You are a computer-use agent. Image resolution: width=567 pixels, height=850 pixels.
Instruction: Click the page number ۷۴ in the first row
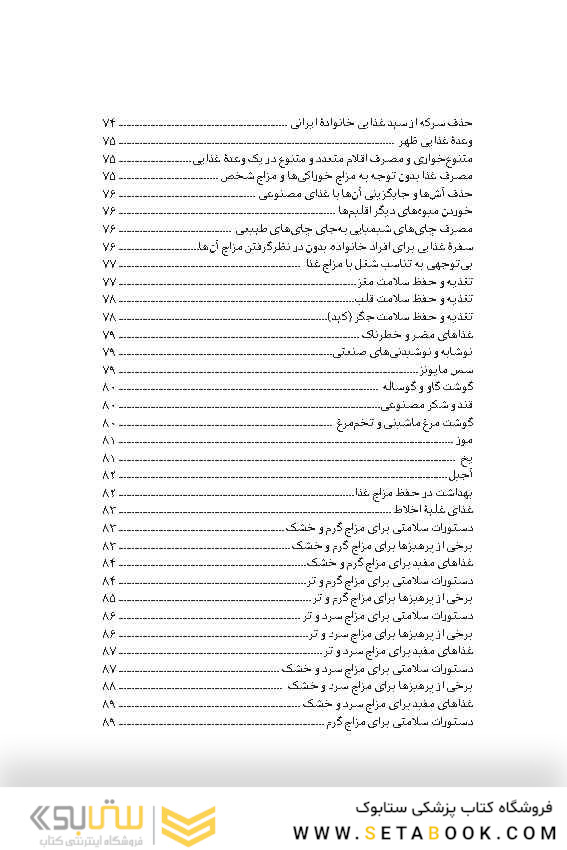pos(109,123)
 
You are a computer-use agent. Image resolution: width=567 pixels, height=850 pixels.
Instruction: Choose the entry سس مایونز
pos(447,371)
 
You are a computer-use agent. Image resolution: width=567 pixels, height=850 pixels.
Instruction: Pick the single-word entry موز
pos(462,441)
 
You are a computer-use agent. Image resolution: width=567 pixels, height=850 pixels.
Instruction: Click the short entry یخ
pos(465,458)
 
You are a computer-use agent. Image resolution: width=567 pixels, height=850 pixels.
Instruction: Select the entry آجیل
pos(460,476)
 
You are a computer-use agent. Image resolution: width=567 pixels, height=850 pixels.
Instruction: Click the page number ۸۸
pos(109,687)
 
